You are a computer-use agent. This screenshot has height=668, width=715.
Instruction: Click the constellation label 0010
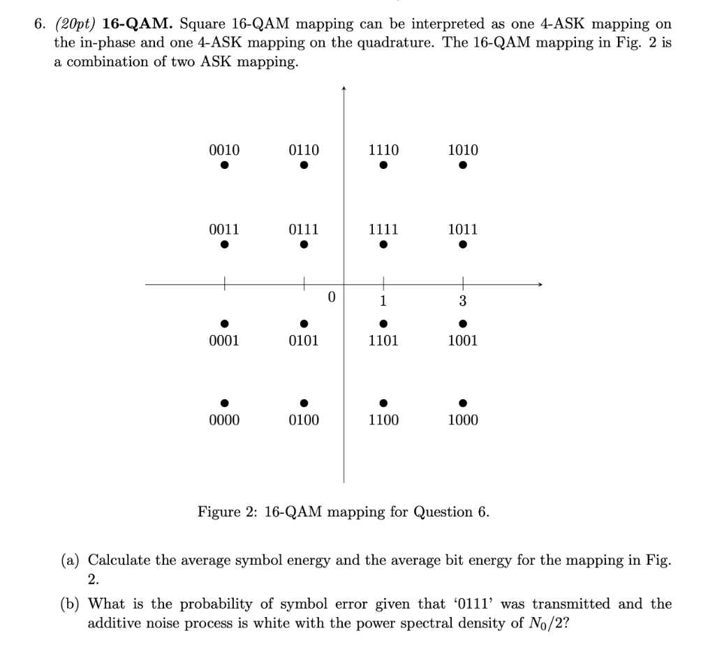(x=224, y=150)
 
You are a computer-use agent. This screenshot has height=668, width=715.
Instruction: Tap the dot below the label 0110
(x=304, y=166)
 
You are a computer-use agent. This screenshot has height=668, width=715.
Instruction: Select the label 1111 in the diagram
(x=383, y=230)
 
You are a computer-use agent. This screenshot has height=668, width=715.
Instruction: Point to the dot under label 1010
(x=463, y=166)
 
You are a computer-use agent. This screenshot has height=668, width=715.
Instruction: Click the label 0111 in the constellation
(x=304, y=230)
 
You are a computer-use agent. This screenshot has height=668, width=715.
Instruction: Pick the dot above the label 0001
(x=224, y=323)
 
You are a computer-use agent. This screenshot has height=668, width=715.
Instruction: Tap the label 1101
(x=383, y=341)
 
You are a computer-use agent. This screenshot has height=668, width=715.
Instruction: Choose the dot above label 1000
(x=463, y=402)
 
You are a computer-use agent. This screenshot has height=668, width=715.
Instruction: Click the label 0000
(x=224, y=420)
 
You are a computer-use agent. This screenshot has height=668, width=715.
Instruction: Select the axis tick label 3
(x=463, y=302)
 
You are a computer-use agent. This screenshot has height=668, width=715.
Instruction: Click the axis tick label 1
(x=383, y=302)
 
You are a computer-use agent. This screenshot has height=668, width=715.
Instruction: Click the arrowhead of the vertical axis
(x=343, y=89)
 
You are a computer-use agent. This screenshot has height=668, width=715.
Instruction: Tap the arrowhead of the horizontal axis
(x=538, y=284)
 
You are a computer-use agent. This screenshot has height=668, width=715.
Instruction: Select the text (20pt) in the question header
(x=75, y=24)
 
